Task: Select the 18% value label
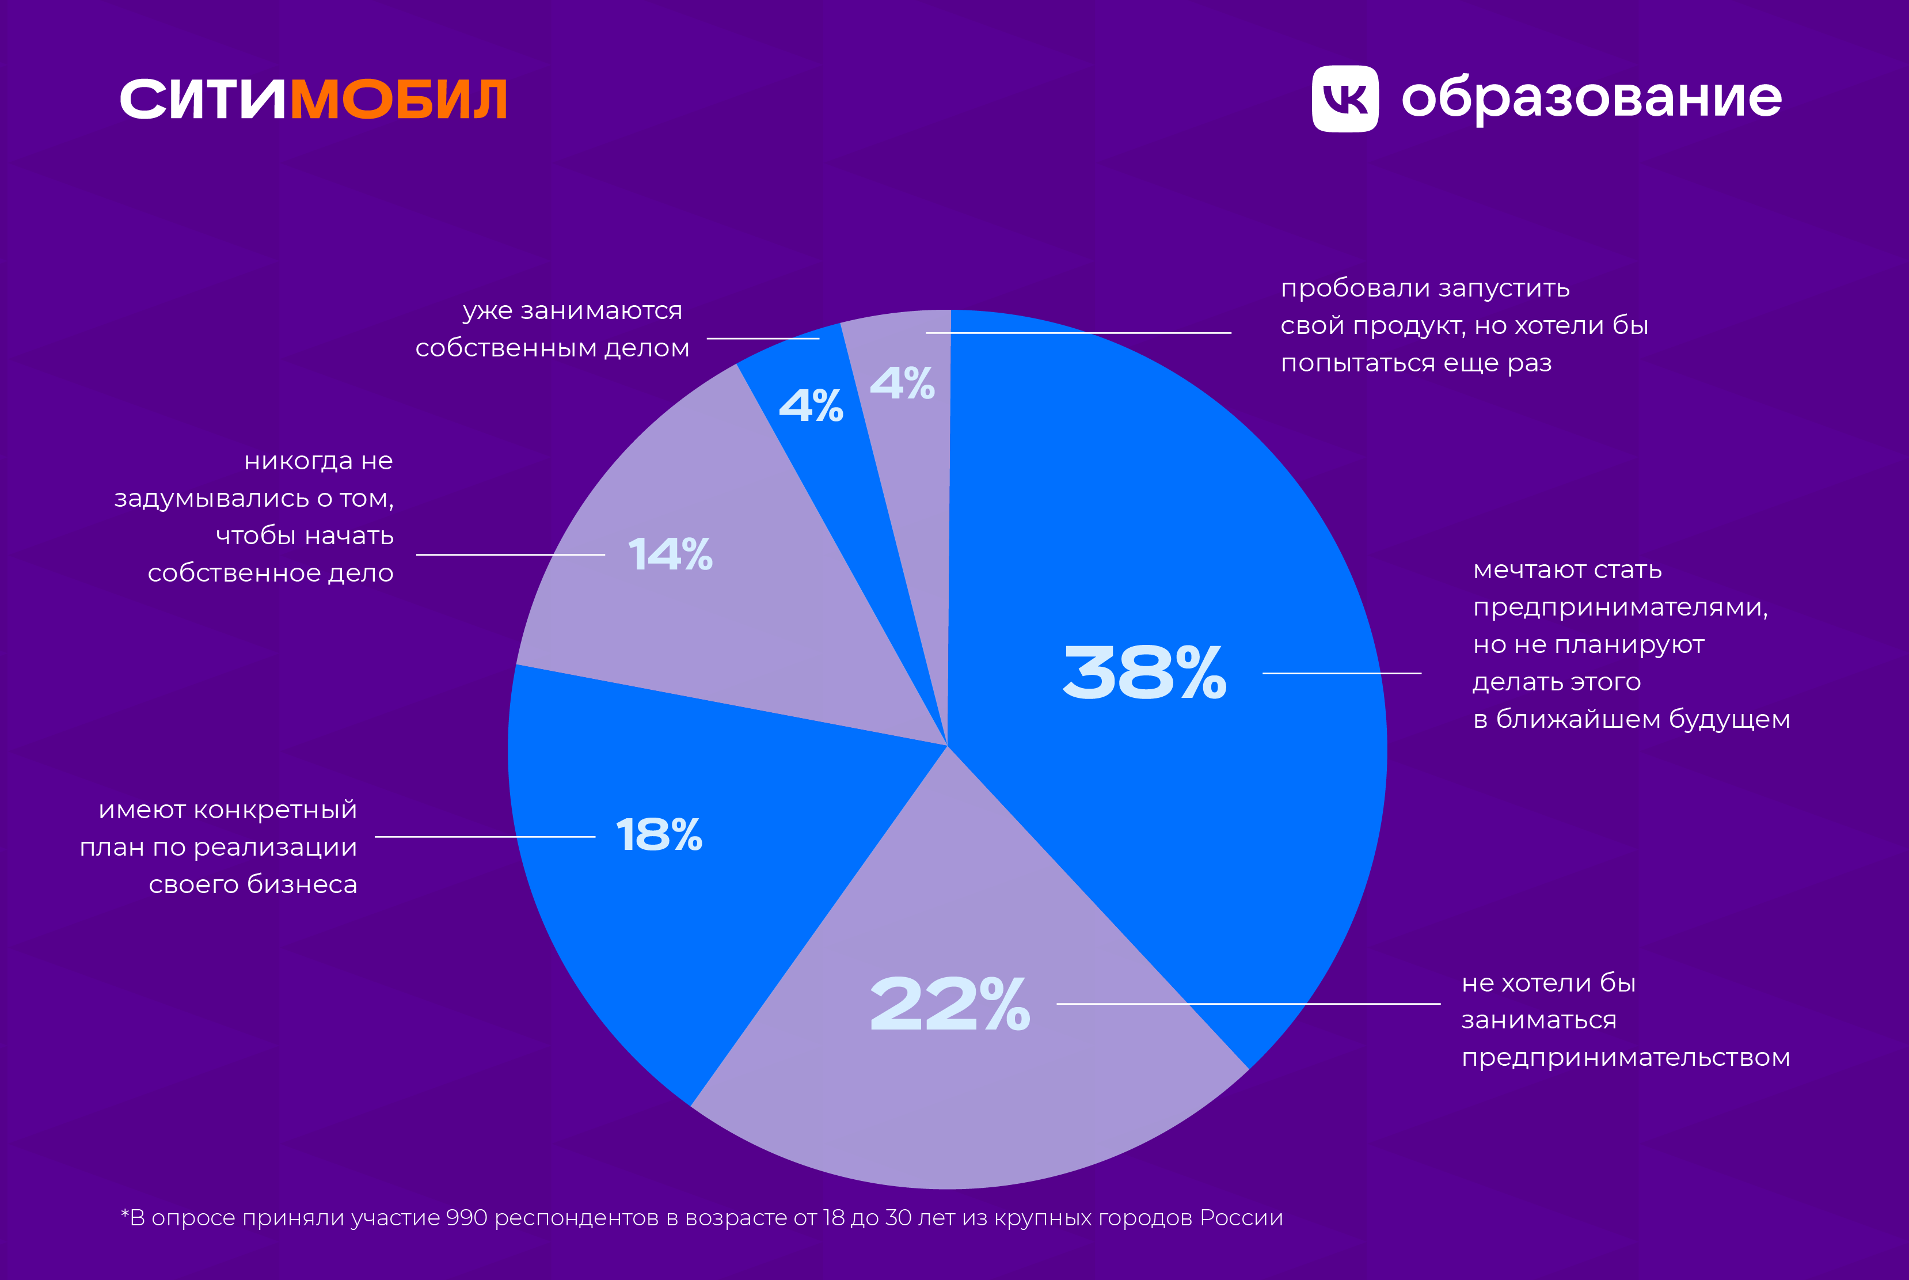[659, 835]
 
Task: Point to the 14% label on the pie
[670, 554]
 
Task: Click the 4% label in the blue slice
[811, 406]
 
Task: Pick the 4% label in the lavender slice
[902, 383]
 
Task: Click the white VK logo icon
[1345, 99]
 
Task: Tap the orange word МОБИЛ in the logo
[398, 100]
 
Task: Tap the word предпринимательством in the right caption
[1625, 1058]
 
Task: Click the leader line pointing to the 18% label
[485, 837]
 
